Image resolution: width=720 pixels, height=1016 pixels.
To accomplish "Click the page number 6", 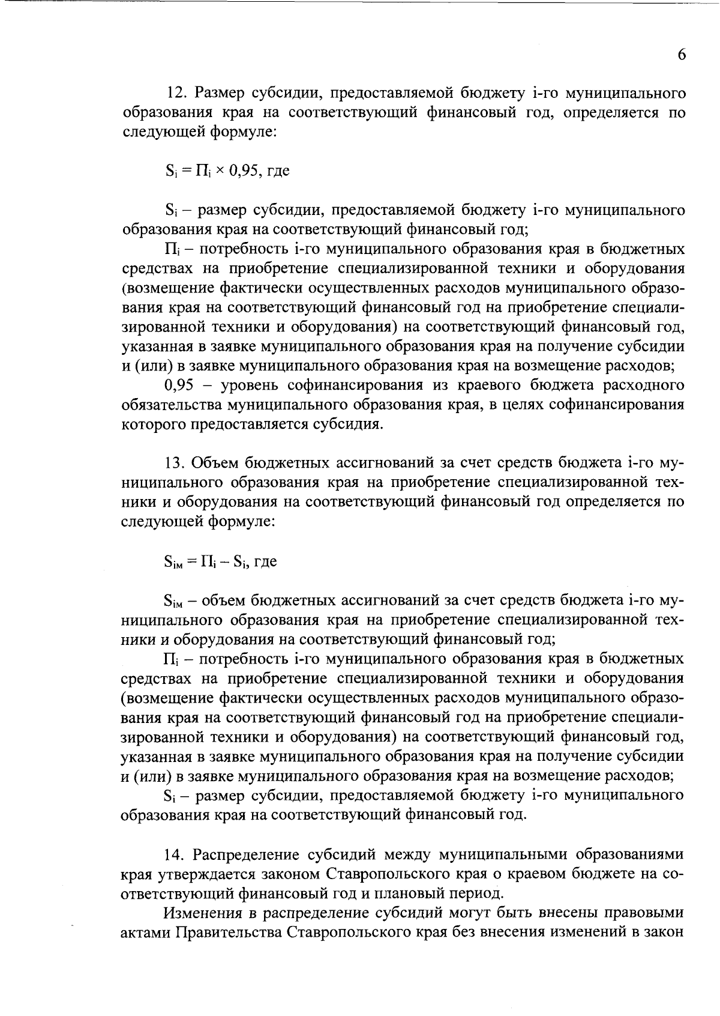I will click(681, 55).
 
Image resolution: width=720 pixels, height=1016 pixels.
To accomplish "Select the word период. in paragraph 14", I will click(469, 894).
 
